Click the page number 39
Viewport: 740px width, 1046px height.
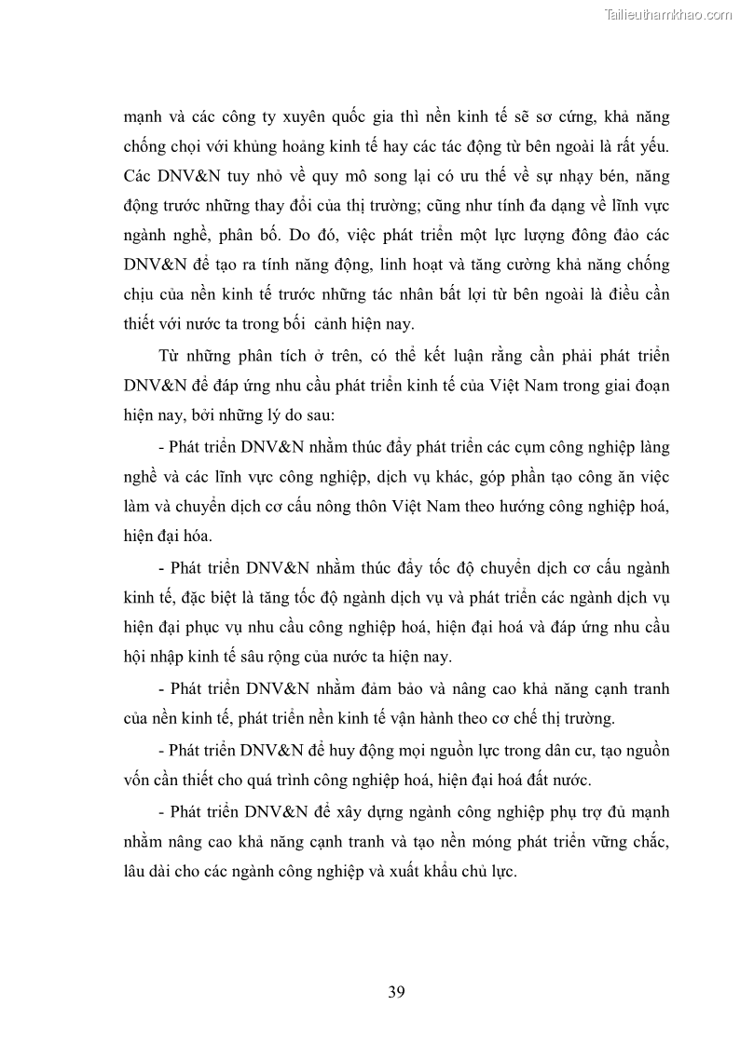tap(396, 991)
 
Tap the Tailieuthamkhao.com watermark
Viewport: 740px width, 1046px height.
tap(668, 14)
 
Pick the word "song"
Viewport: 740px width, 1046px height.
tap(355, 177)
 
